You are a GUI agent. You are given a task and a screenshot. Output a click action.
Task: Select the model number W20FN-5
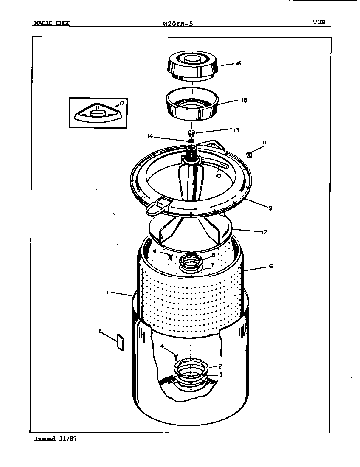[x=178, y=24]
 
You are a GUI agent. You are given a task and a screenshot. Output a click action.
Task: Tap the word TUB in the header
[x=320, y=23]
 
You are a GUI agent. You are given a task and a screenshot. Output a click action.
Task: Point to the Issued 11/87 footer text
[x=55, y=439]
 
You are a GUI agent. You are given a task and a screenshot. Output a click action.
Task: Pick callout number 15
[x=244, y=101]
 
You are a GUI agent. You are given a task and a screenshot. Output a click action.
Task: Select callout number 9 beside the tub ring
[x=270, y=208]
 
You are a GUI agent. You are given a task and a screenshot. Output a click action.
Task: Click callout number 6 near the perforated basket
[x=270, y=267]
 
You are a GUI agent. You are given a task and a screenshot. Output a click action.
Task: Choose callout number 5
[x=100, y=331]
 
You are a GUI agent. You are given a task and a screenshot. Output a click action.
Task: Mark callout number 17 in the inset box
[x=123, y=102]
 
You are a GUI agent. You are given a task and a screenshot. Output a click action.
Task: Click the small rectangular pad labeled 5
[x=119, y=342]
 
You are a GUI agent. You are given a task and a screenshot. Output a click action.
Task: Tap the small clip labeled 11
[x=250, y=155]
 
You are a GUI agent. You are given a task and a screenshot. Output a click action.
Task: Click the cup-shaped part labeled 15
[x=192, y=105]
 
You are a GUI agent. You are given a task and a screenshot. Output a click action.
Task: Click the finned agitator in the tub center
[x=192, y=180]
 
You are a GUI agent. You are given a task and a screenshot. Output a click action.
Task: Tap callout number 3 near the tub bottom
[x=220, y=374]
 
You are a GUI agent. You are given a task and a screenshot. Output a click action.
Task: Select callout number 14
[x=149, y=137]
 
